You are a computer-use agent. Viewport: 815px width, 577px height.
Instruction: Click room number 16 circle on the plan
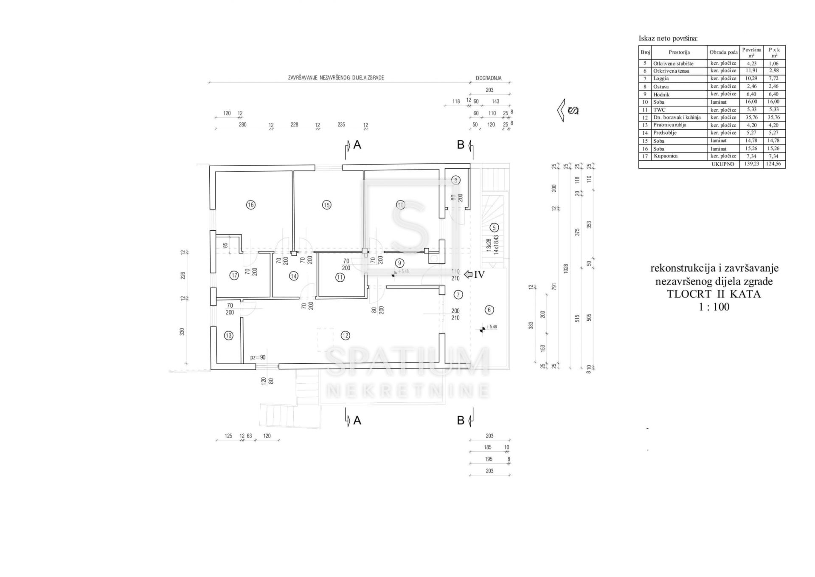(250, 205)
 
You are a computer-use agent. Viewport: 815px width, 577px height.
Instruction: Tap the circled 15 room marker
(326, 205)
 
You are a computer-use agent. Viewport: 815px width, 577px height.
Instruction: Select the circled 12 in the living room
(345, 336)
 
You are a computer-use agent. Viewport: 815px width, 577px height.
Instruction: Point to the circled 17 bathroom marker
(234, 276)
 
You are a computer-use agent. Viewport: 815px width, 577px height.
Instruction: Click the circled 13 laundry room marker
(229, 336)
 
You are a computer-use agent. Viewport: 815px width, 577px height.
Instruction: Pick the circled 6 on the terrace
(489, 310)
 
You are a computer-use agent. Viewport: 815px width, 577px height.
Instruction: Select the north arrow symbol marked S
(568, 110)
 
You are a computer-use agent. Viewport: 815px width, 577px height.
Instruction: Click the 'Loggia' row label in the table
(661, 79)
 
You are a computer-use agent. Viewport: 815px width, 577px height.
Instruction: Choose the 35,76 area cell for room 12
(751, 117)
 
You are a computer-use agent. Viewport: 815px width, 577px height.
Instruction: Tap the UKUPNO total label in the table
(723, 164)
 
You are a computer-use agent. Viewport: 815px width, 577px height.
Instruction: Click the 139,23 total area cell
(751, 164)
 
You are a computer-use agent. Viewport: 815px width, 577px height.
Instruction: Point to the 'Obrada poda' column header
(723, 52)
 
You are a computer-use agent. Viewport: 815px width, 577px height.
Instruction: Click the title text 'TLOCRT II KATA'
(714, 294)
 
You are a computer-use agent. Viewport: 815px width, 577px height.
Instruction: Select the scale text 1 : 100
(714, 307)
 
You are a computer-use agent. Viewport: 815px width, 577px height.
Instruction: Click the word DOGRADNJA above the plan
(489, 78)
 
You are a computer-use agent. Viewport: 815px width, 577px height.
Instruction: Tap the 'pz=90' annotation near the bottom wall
(258, 357)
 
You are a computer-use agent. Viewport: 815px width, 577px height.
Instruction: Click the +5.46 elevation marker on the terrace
(492, 327)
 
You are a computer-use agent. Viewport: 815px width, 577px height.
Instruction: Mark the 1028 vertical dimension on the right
(566, 269)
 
